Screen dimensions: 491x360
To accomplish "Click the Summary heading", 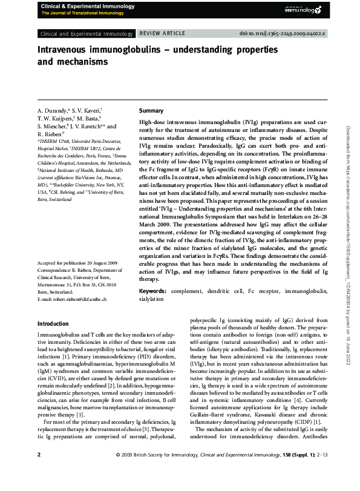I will coord(151,111).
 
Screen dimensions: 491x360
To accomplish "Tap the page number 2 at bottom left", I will coord(39,470).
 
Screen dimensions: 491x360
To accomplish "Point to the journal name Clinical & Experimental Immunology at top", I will coord(79,5).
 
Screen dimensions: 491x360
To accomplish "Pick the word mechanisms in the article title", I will coord(79,61).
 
